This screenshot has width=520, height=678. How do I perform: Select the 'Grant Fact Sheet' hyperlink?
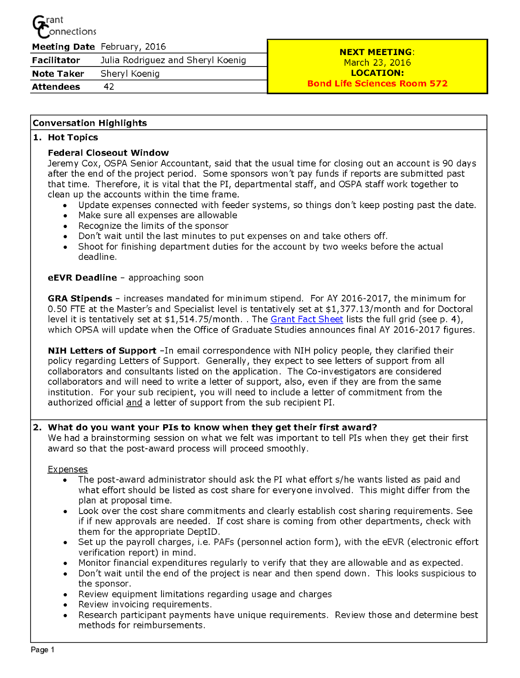(306, 319)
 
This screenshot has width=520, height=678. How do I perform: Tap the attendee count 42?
(109, 87)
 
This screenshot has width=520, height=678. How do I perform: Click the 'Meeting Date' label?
(63, 47)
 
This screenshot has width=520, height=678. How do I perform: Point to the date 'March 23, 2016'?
(377, 63)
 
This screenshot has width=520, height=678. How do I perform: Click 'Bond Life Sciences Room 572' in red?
(377, 83)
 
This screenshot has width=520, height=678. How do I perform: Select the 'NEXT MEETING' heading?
(375, 52)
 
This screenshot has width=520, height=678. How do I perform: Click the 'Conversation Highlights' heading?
(90, 123)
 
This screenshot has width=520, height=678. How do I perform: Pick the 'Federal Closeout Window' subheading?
(108, 153)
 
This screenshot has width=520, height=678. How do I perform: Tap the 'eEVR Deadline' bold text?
(82, 278)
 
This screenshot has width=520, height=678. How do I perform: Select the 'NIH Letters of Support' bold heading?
(102, 350)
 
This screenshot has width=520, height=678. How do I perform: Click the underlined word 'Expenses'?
(67, 469)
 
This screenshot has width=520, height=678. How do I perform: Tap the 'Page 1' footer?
(42, 650)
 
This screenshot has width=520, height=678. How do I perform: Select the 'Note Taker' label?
(58, 74)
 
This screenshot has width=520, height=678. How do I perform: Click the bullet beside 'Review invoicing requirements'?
(65, 605)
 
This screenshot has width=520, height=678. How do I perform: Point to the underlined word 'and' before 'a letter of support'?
(134, 403)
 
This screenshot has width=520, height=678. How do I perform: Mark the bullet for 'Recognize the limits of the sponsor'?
(65, 226)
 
